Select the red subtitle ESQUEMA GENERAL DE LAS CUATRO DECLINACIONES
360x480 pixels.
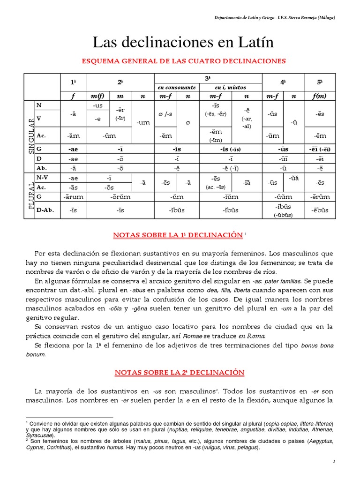[184, 61]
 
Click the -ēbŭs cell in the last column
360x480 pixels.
[320, 210]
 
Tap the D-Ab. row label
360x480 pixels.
[45, 210]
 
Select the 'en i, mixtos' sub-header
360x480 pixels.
[231, 87]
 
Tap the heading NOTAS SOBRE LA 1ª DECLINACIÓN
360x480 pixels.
[178, 234]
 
